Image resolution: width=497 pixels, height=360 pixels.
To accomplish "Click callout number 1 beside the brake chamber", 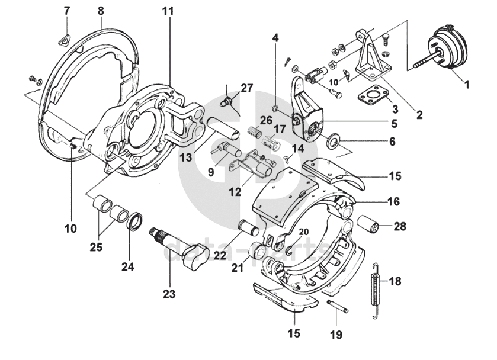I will click(466, 85).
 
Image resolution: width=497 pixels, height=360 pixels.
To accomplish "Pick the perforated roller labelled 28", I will click(370, 226).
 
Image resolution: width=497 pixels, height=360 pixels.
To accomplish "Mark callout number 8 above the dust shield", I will click(100, 11).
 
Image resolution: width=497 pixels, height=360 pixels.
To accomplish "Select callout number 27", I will click(246, 88).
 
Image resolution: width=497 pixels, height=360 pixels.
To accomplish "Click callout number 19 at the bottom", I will click(336, 335).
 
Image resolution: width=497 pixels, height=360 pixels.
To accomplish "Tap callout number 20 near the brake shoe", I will click(304, 232).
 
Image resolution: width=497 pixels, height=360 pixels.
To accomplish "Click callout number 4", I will click(275, 38).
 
